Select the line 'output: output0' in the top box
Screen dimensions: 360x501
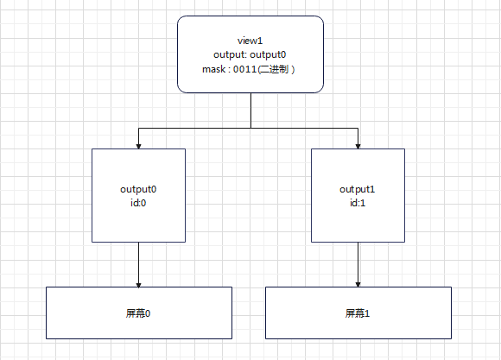(250, 55)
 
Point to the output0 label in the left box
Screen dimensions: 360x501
(138, 189)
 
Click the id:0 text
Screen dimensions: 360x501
(138, 203)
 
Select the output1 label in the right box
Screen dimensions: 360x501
(358, 189)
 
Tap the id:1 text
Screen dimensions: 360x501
(358, 203)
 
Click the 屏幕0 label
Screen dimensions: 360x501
(138, 313)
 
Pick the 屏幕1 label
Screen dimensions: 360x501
(358, 313)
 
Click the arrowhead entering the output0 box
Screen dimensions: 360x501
(138, 145)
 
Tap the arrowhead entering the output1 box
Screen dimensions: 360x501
(358, 145)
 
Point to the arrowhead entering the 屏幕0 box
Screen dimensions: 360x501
(138, 283)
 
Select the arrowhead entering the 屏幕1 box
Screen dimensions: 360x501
(358, 283)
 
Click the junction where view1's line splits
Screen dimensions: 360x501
(250, 127)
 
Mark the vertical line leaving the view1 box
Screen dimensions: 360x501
(250, 110)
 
